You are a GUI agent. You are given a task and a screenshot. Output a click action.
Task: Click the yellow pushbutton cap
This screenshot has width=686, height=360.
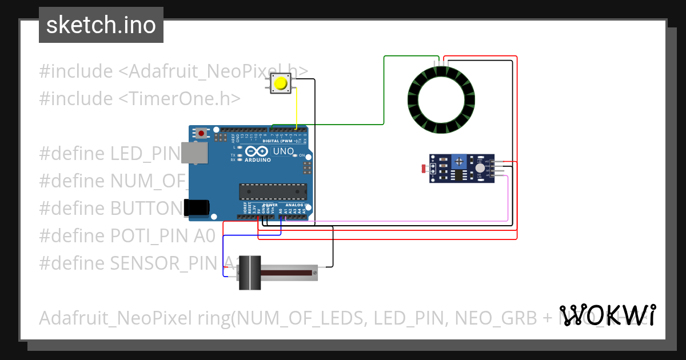coord(280,84)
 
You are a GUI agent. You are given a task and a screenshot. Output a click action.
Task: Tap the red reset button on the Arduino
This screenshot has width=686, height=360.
coord(201,133)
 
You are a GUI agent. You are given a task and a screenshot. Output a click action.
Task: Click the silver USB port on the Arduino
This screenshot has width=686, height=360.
coord(194,153)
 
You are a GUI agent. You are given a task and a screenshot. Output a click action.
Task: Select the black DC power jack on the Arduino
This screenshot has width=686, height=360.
coord(194,207)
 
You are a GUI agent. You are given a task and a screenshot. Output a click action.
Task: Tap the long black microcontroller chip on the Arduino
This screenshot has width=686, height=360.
coord(272,191)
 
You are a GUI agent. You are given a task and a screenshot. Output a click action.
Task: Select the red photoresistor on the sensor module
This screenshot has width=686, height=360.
coord(424,169)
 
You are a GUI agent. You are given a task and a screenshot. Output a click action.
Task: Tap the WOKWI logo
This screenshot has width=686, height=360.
coord(607,315)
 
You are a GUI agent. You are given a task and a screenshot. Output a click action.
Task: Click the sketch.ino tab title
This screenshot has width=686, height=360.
coord(101,25)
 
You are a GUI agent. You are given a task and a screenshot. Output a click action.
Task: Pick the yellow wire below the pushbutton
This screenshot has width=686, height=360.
coord(296,109)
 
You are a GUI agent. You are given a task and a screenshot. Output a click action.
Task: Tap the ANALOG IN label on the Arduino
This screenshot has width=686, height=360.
coord(297,205)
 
